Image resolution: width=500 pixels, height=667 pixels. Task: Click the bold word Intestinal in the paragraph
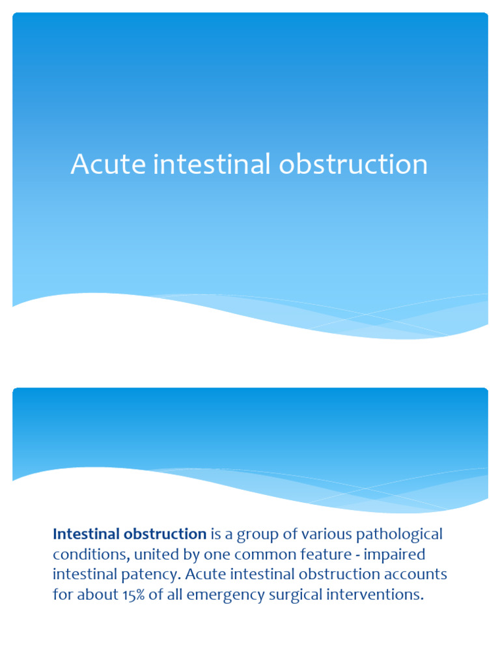[x=83, y=534]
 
